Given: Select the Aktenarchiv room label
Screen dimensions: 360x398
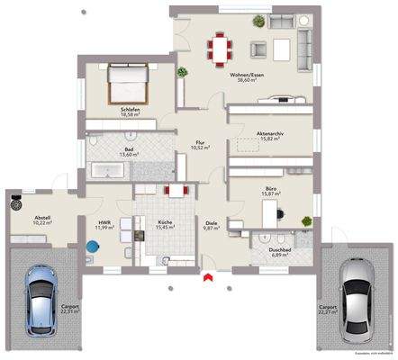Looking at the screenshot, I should (x=270, y=132).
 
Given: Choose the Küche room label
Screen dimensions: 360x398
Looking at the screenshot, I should (x=164, y=222).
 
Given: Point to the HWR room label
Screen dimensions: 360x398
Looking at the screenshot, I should (x=104, y=222).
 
